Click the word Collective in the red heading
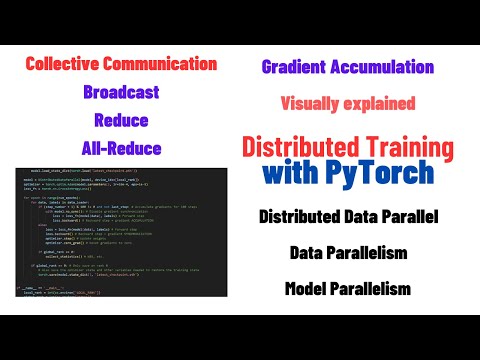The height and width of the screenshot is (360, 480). [69, 65]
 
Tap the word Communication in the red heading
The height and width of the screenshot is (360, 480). [169, 65]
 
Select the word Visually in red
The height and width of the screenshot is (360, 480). [314, 103]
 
